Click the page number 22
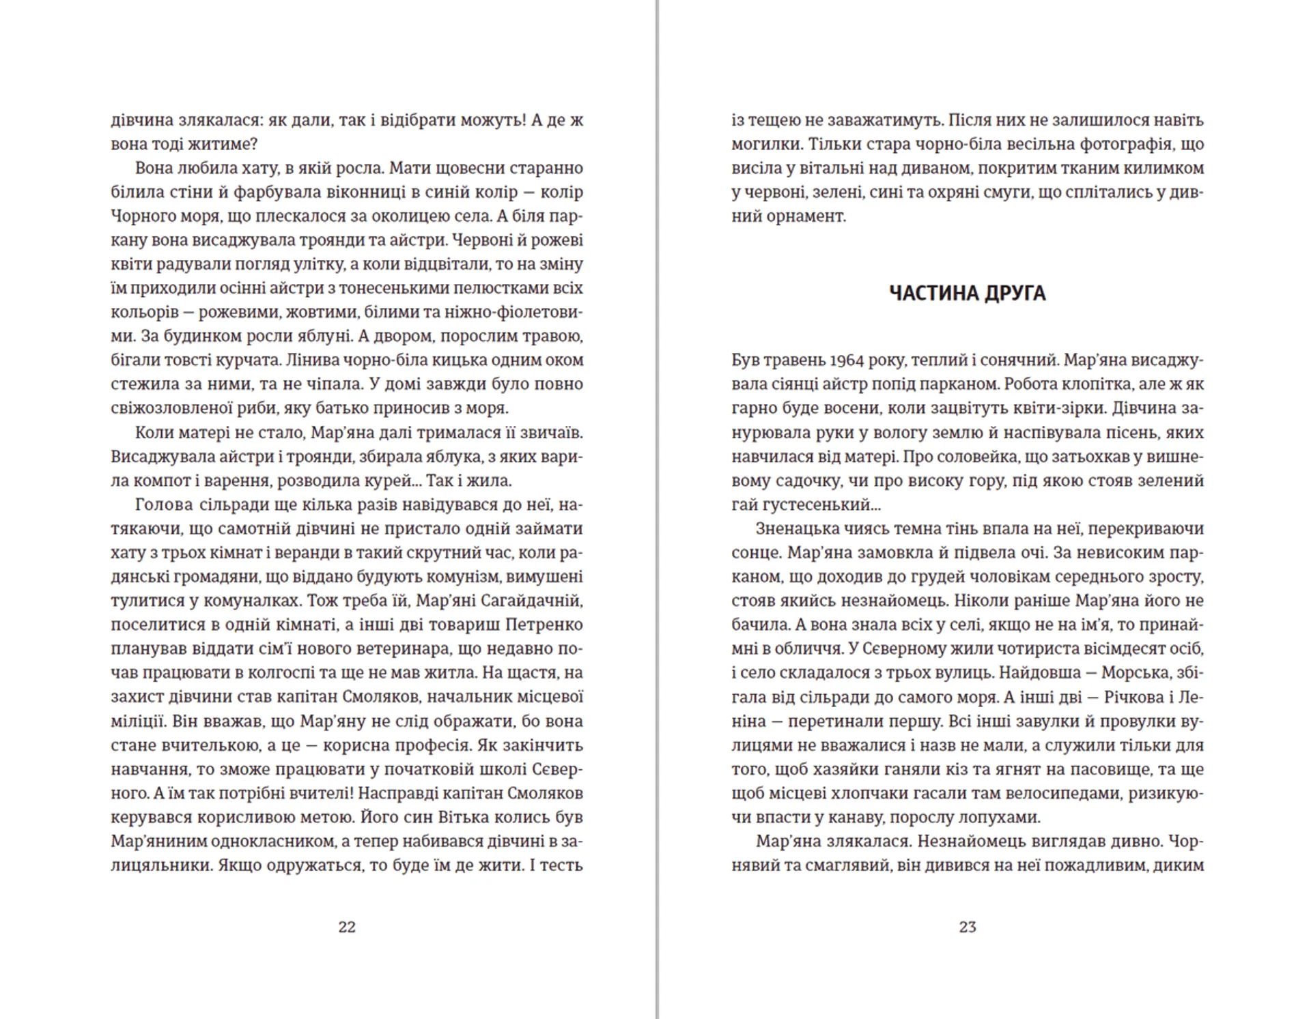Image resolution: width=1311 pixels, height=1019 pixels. tap(347, 927)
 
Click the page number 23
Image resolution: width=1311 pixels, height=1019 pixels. tap(968, 927)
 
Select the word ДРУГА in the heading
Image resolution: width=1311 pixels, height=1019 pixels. tap(1015, 293)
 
